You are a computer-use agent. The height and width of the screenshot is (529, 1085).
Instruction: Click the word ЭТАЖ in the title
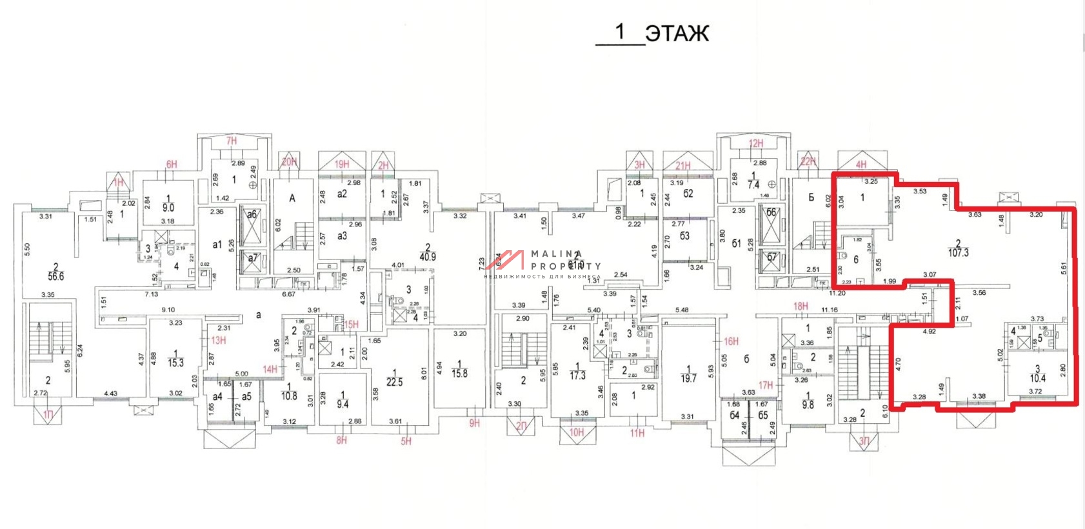click(x=677, y=34)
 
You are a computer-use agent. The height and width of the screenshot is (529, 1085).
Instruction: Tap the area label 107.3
click(x=958, y=253)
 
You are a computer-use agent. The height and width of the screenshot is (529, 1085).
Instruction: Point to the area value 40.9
click(x=428, y=256)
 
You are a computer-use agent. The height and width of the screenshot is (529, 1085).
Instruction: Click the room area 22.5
click(x=395, y=382)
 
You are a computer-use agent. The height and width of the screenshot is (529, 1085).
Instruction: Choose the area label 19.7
click(x=688, y=378)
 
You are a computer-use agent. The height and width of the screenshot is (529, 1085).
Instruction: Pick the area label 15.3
click(x=175, y=363)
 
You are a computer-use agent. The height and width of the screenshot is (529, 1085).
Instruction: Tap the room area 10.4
click(x=1037, y=378)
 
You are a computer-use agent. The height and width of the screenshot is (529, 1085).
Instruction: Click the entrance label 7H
click(x=232, y=141)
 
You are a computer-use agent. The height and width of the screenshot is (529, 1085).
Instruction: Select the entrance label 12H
click(x=756, y=143)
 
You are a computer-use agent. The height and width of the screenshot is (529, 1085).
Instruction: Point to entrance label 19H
click(x=342, y=164)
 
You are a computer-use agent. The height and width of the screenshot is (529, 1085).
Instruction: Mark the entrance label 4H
click(x=861, y=165)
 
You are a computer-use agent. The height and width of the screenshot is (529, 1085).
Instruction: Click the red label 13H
click(x=219, y=340)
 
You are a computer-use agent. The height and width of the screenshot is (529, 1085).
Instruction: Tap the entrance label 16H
click(x=731, y=341)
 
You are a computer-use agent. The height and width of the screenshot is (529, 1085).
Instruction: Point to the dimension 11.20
click(x=837, y=293)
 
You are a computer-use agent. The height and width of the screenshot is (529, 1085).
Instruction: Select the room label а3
click(x=342, y=236)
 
